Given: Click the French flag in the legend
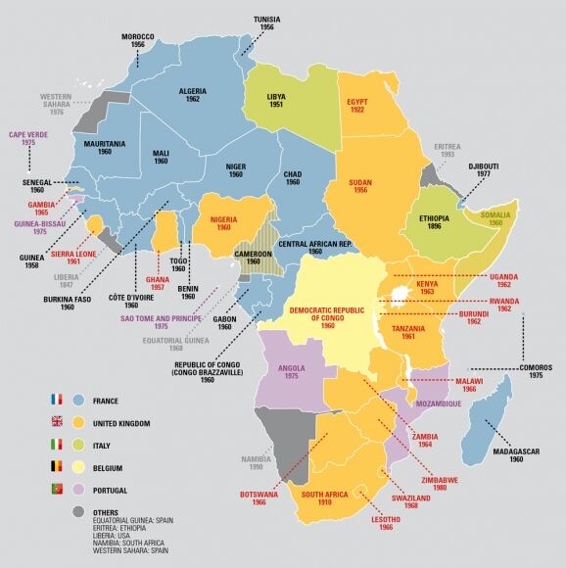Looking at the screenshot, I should (56, 401).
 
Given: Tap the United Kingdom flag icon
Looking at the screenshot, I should (56, 423).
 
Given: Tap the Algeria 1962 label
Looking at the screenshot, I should (193, 96).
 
